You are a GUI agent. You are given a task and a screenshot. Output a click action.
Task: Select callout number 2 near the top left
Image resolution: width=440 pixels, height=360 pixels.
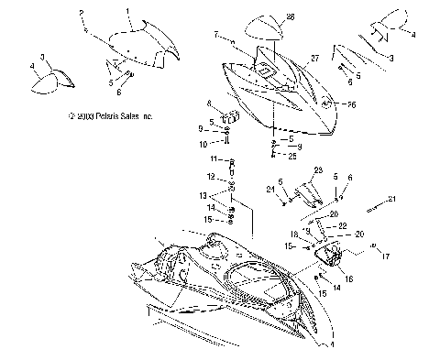[82, 15]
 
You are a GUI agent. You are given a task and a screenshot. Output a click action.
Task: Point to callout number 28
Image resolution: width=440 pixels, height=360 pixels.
[291, 16]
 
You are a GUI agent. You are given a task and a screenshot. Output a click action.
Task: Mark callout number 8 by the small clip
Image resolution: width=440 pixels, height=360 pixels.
[209, 103]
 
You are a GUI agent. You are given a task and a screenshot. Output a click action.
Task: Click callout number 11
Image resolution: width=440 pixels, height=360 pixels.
[215, 160]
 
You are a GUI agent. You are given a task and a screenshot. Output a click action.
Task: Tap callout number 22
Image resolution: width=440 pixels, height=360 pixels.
[343, 224]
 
